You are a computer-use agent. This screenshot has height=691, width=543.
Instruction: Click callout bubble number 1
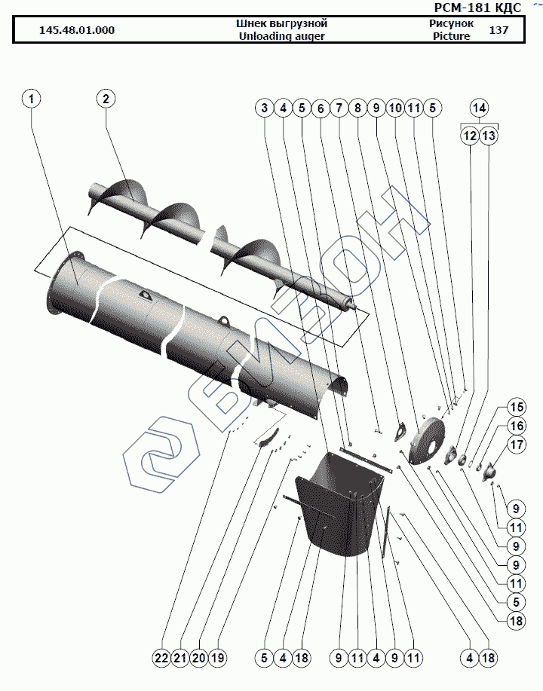[x=32, y=99]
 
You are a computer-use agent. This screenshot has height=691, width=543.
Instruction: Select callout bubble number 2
[x=106, y=99]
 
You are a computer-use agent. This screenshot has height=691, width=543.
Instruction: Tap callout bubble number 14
[x=480, y=107]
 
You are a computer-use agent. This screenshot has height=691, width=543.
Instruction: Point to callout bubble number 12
[x=470, y=136]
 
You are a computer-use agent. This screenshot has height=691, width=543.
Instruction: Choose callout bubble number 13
[x=489, y=136]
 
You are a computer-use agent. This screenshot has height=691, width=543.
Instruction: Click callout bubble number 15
[x=515, y=408]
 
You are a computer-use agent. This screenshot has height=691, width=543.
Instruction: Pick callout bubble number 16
[x=515, y=426]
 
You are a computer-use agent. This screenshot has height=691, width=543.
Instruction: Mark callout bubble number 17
[x=515, y=445]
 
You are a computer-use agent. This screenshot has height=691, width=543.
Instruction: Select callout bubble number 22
[x=161, y=658]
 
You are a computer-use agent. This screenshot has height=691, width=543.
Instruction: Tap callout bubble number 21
[x=179, y=658]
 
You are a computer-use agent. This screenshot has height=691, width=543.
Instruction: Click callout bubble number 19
[x=218, y=658]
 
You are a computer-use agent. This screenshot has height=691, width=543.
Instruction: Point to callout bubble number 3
[x=264, y=109]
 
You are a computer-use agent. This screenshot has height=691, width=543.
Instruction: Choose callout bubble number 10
[x=394, y=109]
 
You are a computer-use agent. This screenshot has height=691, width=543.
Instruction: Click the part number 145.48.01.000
[x=77, y=31]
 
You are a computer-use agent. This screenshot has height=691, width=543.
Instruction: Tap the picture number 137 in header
[x=499, y=31]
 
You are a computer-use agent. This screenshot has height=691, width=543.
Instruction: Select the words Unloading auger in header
[x=281, y=36]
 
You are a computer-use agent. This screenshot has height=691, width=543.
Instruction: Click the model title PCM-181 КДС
[x=478, y=8]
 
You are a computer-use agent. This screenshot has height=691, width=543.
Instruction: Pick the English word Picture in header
[x=451, y=36]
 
